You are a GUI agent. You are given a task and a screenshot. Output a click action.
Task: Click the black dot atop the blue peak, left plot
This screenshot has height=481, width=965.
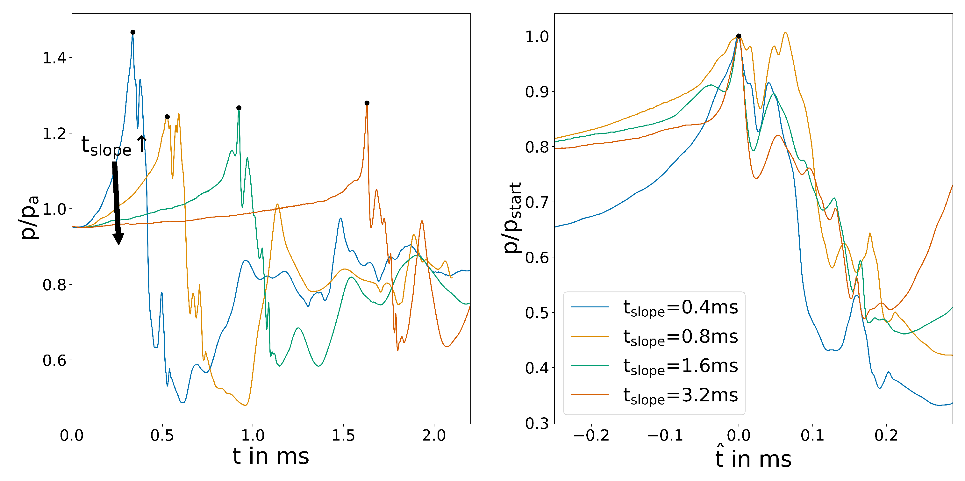point(132,32)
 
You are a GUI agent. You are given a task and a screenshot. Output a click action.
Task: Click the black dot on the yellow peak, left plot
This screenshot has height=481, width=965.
point(167,117)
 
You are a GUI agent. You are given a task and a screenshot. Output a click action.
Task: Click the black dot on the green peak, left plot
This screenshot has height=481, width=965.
point(239,108)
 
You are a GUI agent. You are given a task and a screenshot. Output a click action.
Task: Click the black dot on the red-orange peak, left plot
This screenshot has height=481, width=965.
point(367,103)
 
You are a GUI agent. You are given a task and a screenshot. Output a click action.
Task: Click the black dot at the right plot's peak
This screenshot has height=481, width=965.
point(738,36)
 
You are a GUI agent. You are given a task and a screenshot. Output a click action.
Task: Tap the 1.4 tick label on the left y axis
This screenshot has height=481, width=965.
point(54,58)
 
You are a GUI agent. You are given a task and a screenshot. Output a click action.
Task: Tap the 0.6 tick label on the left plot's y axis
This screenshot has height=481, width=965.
point(54,360)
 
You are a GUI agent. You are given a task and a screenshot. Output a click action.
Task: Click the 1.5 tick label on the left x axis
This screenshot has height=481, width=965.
point(343,436)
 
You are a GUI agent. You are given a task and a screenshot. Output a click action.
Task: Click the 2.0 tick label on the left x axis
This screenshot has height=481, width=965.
point(434,436)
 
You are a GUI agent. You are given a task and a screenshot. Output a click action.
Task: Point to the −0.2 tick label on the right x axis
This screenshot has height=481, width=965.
point(591,436)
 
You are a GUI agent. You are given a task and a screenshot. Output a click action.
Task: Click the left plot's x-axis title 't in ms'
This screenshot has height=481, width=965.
point(270,456)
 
